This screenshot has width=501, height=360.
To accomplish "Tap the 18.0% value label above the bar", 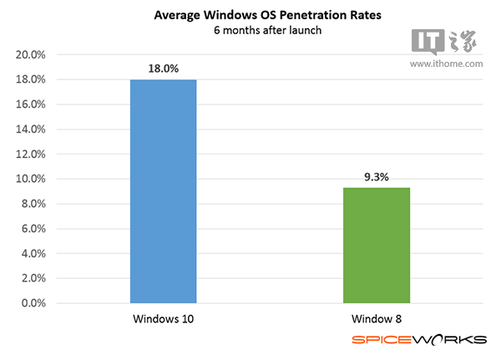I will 163,68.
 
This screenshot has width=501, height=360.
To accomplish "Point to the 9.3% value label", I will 376,176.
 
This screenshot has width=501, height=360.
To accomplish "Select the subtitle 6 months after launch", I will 249,32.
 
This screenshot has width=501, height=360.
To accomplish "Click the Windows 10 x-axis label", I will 163,319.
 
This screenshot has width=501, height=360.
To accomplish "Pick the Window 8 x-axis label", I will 376,319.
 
